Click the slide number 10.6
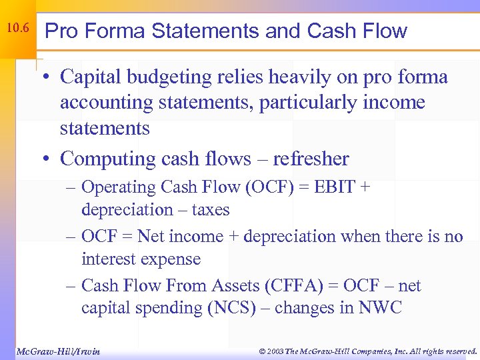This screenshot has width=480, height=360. pos(17,29)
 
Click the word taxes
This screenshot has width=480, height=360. pos(206,210)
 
